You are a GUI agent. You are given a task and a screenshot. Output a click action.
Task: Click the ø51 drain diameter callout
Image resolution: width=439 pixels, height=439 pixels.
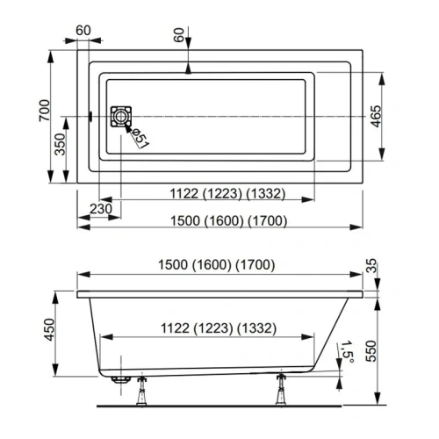pos(140,137)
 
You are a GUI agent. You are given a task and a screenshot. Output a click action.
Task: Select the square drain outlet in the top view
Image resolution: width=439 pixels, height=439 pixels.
pos(119,117)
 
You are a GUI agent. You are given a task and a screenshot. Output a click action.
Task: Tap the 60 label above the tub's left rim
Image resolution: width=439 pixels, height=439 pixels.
pos(84,31)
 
